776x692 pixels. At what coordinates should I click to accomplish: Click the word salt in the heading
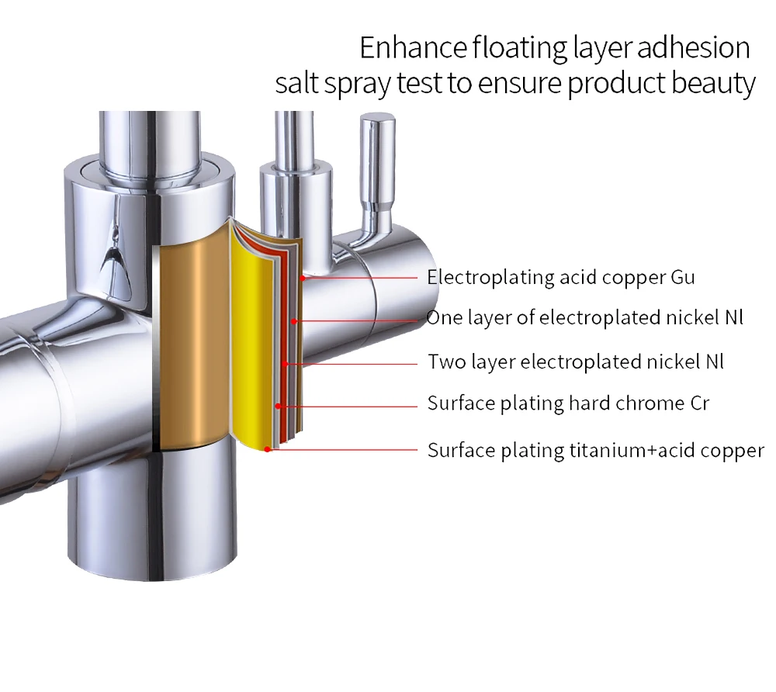296,84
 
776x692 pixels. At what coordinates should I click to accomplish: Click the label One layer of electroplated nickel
584,318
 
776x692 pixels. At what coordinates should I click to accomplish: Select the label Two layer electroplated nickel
576,362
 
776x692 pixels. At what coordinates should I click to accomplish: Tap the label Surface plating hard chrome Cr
568,403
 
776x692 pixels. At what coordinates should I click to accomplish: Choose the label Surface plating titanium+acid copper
595,450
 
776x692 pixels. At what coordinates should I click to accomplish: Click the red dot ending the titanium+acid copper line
268,449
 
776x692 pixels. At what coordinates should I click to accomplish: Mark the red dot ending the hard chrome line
279,405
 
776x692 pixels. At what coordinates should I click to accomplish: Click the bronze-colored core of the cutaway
190,341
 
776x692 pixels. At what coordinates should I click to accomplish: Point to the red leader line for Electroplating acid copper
365,277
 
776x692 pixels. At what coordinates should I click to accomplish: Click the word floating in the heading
516,48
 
